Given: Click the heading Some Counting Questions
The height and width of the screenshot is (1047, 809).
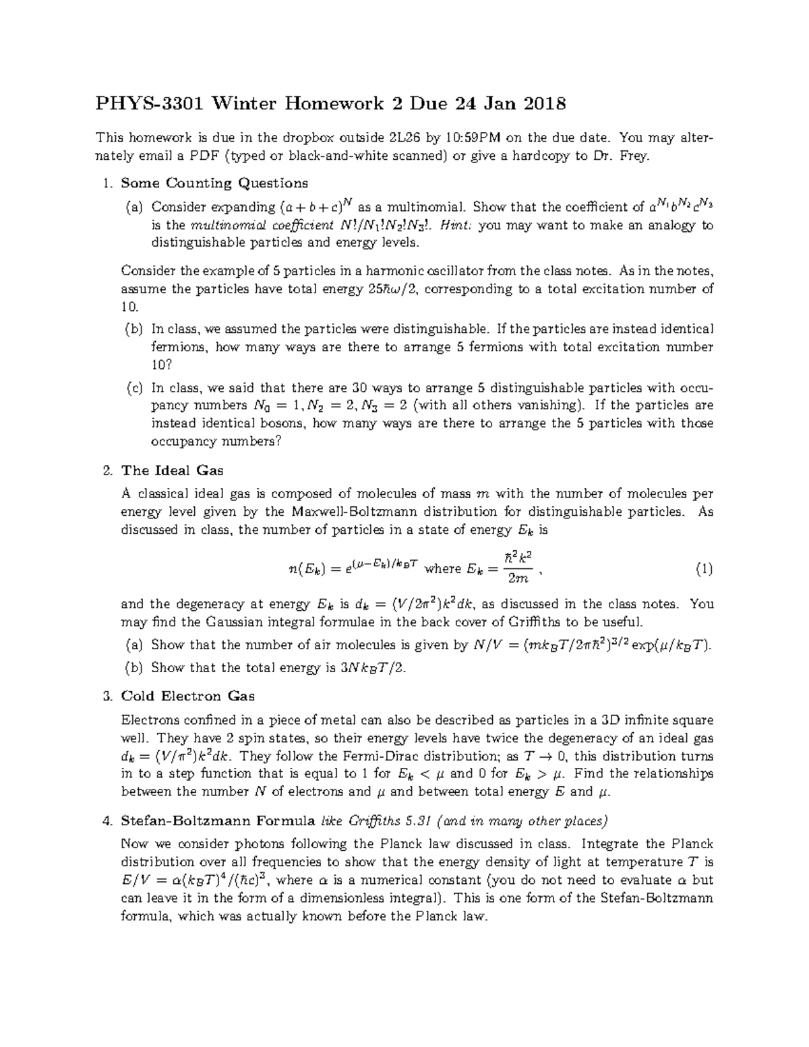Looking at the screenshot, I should tap(214, 183).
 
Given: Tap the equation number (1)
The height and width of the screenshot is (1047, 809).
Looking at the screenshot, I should tap(703, 570).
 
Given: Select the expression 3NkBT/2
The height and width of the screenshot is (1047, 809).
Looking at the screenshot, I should tap(371, 668).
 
